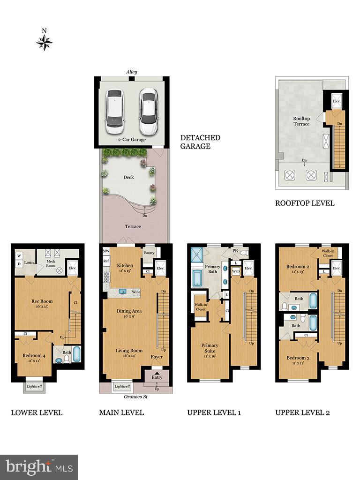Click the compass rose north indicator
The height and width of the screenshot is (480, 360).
click(44, 42)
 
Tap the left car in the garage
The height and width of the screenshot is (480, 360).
click(114, 112)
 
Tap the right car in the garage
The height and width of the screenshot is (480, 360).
click(149, 112)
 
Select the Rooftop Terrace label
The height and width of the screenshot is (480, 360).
click(301, 121)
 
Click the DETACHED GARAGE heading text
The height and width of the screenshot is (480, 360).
click(200, 142)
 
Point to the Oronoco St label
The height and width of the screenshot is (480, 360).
click(136, 397)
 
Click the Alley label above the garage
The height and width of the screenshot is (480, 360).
click(131, 72)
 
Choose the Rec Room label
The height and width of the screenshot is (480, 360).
click(42, 304)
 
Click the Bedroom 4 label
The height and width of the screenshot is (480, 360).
click(34, 359)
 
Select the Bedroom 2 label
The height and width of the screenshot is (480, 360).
click(298, 269)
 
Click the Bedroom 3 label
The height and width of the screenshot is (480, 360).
click(298, 360)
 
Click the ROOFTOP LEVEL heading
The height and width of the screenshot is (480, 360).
click(305, 203)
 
